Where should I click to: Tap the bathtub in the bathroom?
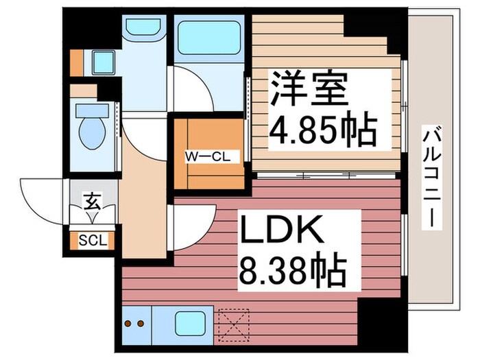(x=208, y=39)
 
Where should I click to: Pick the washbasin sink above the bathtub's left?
(x=142, y=29)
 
